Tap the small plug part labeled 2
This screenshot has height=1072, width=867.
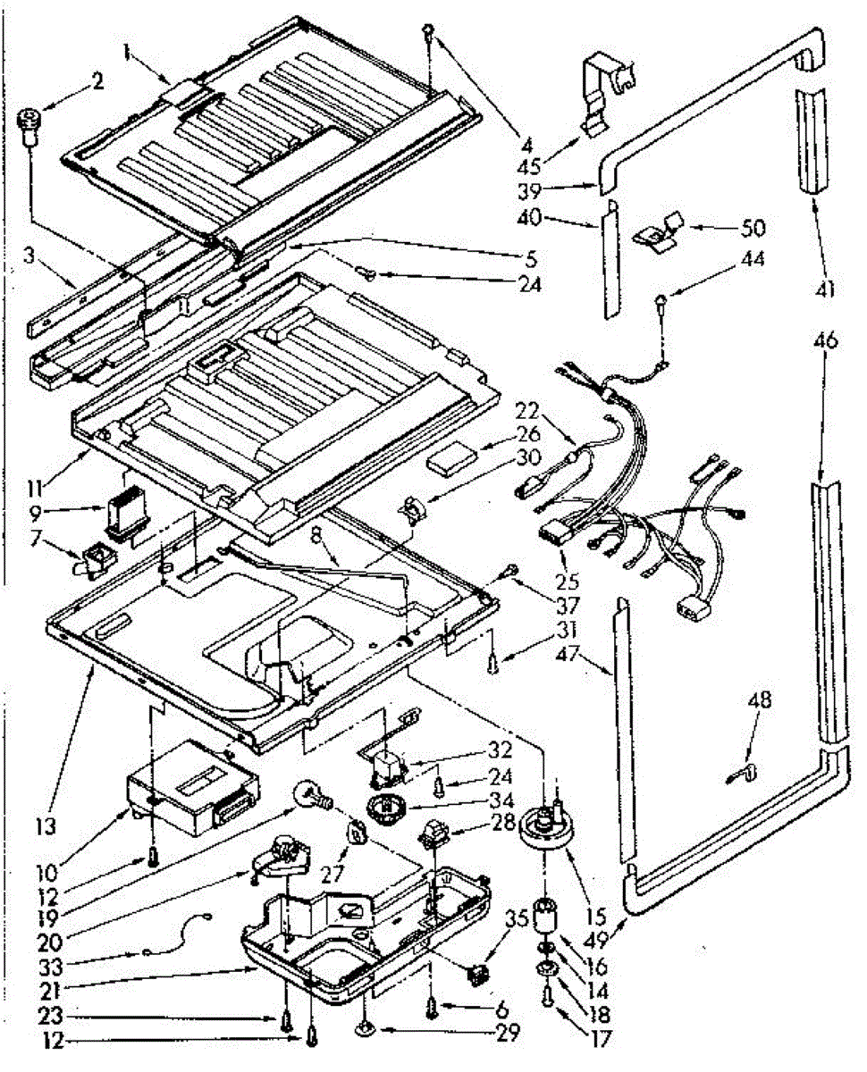point(31,124)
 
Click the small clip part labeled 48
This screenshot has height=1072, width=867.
point(745,769)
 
